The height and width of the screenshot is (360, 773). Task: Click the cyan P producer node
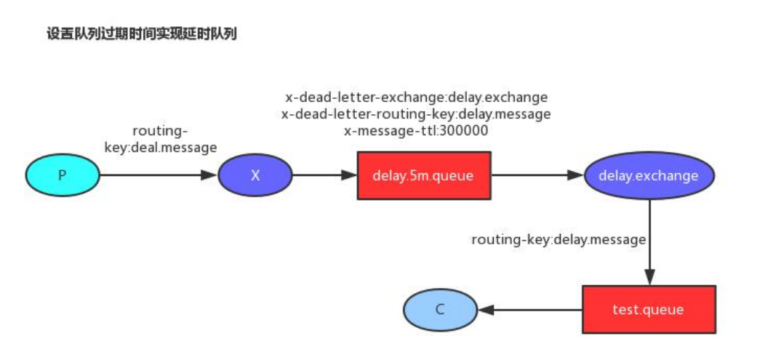(x=62, y=175)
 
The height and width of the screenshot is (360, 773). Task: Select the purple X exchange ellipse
(x=255, y=175)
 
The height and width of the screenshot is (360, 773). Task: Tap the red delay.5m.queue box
(x=424, y=175)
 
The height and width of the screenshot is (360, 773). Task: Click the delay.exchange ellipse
(x=649, y=175)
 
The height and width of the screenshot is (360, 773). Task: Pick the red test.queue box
(x=648, y=310)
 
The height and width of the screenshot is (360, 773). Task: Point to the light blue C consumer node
(x=439, y=310)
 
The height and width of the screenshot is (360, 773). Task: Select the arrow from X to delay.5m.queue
(x=324, y=175)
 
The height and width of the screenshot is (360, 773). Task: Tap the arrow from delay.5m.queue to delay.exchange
(x=537, y=175)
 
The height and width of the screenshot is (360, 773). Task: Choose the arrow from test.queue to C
(x=530, y=310)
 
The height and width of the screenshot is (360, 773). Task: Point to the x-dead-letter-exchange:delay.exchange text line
(x=416, y=97)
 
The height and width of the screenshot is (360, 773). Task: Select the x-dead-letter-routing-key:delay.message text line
(x=416, y=114)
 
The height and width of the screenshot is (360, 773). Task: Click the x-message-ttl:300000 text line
(x=416, y=132)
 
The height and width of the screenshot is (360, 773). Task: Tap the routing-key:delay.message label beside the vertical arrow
(x=558, y=239)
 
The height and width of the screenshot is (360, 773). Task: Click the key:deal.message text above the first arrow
(x=161, y=148)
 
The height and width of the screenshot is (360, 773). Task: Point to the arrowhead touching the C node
(x=484, y=310)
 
